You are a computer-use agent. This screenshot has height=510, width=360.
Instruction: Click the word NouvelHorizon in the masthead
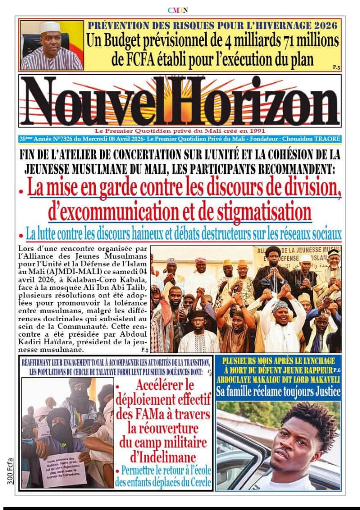pos(180,102)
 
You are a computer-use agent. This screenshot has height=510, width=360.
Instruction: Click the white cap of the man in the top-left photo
pos(50,27)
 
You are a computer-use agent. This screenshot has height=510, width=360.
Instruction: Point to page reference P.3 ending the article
pos(144,350)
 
